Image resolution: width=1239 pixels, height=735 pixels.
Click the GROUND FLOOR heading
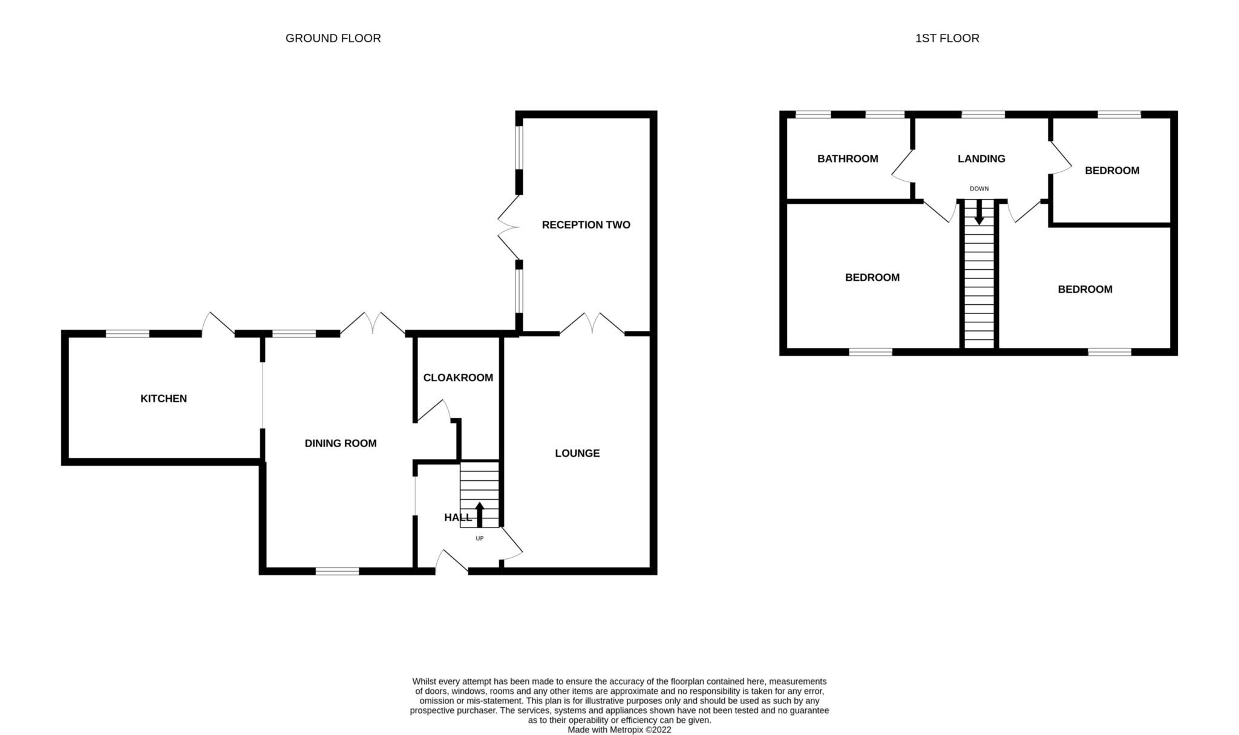pyautogui.click(x=333, y=38)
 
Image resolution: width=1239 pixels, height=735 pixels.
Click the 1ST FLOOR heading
pyautogui.click(x=947, y=38)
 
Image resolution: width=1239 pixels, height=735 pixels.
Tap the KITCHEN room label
pyautogui.click(x=163, y=399)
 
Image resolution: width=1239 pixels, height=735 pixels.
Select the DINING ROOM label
pyautogui.click(x=340, y=443)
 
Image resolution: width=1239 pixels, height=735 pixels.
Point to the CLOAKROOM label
pyautogui.click(x=458, y=377)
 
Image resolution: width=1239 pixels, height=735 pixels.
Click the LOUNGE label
pyautogui.click(x=577, y=453)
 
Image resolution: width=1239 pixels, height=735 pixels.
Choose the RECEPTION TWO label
pyautogui.click(x=586, y=225)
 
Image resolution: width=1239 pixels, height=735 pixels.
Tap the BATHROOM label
pyautogui.click(x=847, y=159)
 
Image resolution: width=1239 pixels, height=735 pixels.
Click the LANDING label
pyautogui.click(x=981, y=159)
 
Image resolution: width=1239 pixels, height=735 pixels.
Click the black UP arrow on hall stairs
pyautogui.click(x=480, y=514)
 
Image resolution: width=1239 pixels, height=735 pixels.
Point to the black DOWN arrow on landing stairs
pyautogui.click(x=979, y=213)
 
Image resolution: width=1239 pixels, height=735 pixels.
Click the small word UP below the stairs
pyautogui.click(x=480, y=538)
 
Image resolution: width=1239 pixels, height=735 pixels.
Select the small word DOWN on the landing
pyautogui.click(x=979, y=189)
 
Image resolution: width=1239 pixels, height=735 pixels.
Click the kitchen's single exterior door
pyautogui.click(x=218, y=324)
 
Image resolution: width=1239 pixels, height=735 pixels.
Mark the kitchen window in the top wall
pyautogui.click(x=127, y=333)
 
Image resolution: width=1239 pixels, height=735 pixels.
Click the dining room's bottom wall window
pyautogui.click(x=337, y=571)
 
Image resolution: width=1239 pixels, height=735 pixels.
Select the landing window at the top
pyautogui.click(x=982, y=114)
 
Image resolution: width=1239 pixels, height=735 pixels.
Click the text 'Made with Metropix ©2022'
pyautogui.click(x=619, y=730)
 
